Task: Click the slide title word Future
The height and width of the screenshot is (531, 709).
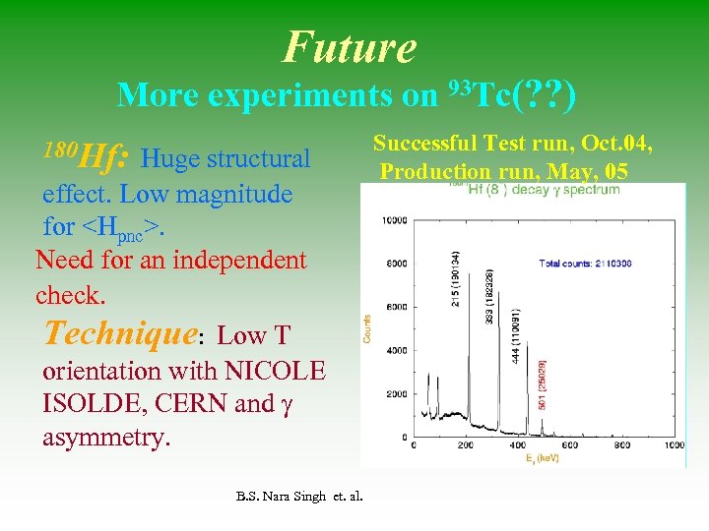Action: pos(350,46)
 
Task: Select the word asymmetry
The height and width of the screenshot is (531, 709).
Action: pos(106,436)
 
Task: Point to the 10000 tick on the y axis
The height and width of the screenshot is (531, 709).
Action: pos(394,220)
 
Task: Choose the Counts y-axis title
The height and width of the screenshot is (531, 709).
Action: pos(368,328)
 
